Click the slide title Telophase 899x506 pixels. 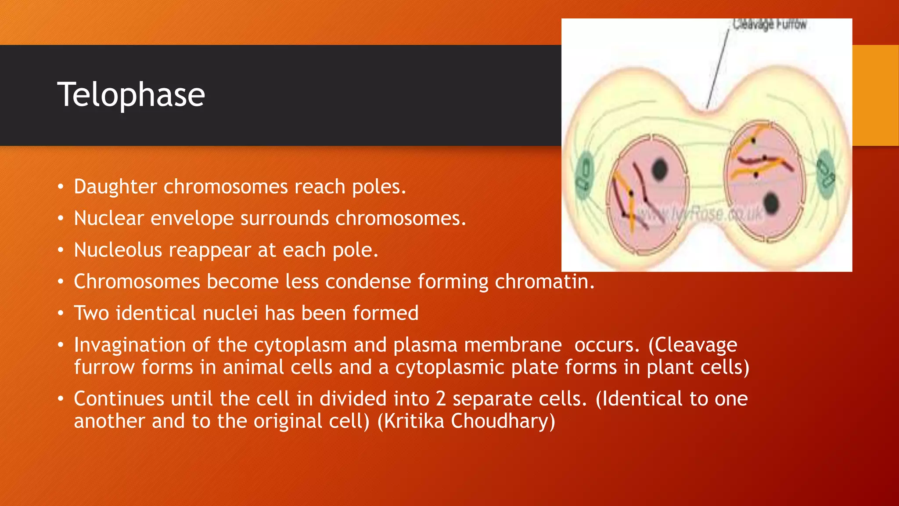pyautogui.click(x=131, y=95)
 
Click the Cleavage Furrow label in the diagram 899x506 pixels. pyautogui.click(x=769, y=25)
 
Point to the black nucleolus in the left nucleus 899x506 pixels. pyautogui.click(x=659, y=170)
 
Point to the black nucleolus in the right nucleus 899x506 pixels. pyautogui.click(x=771, y=203)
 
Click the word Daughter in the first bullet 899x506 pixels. pyautogui.click(x=115, y=187)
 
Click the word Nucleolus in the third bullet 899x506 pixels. pyautogui.click(x=118, y=250)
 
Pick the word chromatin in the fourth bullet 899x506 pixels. pyautogui.click(x=544, y=282)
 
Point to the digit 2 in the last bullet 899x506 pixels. pyautogui.click(x=441, y=399)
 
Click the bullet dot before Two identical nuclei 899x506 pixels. pyautogui.click(x=61, y=314)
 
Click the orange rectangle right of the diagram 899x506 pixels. pyautogui.click(x=875, y=95)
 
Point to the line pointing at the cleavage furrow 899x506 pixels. pyautogui.click(x=717, y=70)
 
